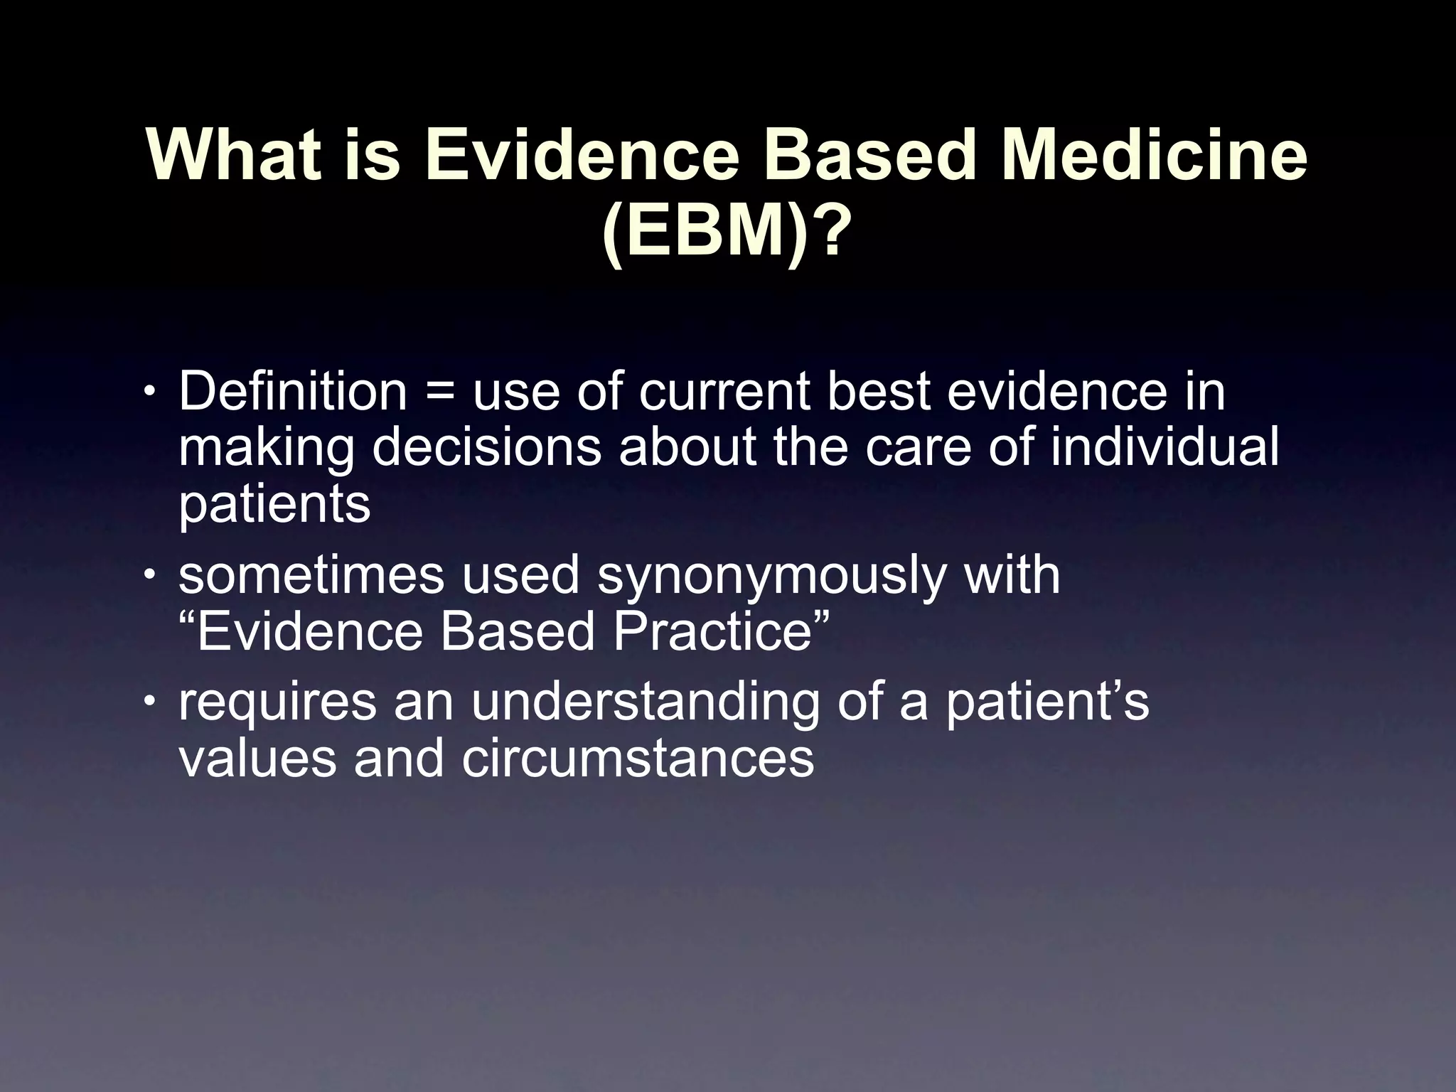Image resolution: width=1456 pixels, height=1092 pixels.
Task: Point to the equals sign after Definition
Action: click(439, 393)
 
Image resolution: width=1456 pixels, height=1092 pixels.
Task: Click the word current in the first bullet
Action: click(724, 393)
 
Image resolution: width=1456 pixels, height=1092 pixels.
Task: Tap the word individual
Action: click(1164, 447)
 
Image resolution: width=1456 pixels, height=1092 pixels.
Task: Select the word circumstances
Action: click(637, 759)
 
